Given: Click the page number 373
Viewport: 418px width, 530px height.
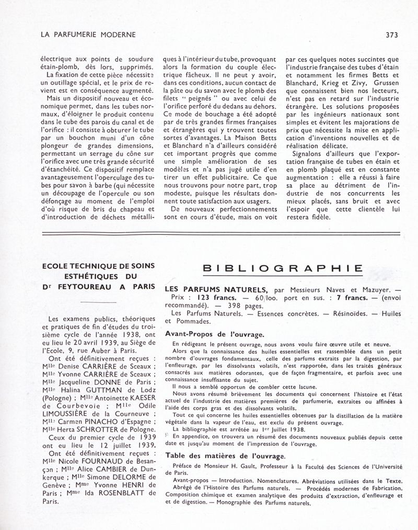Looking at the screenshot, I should tap(392, 35).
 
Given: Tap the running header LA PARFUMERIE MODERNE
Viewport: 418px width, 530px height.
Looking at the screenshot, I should tap(88, 35).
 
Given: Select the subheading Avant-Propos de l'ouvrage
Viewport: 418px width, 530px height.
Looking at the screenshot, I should tap(214, 333).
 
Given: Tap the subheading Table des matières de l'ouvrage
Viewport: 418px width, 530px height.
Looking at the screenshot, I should tap(224, 456).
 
